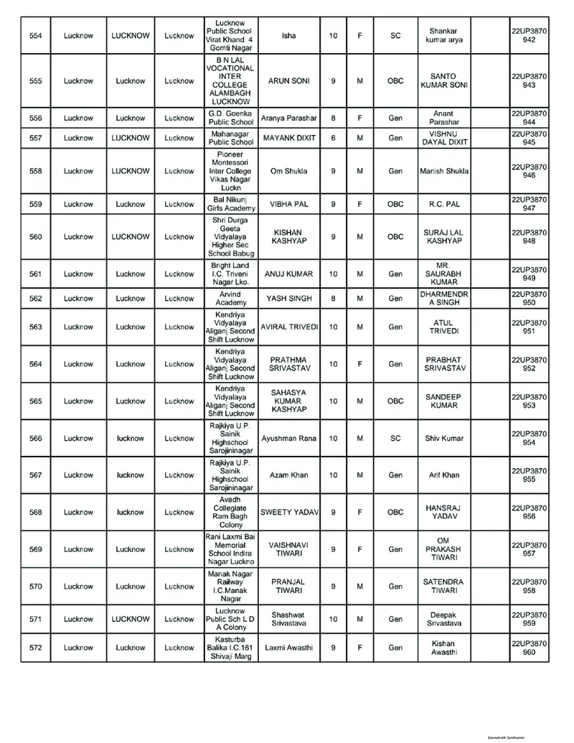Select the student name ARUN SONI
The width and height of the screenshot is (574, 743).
(x=288, y=81)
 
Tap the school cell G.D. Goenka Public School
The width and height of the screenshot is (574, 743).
(x=230, y=118)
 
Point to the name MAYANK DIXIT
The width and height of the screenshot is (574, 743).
(x=288, y=137)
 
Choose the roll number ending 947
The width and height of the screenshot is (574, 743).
(x=530, y=204)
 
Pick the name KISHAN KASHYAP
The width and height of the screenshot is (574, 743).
(x=288, y=237)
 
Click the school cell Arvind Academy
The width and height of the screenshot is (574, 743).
(x=230, y=298)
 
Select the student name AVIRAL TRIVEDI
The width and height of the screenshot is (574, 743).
(x=288, y=327)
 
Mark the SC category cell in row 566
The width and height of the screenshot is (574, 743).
(x=395, y=438)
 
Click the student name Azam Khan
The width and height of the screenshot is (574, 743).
(x=288, y=475)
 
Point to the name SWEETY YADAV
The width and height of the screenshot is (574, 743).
(x=288, y=513)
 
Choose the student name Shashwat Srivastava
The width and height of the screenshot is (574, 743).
(x=288, y=619)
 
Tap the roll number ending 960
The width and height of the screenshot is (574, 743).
(x=530, y=648)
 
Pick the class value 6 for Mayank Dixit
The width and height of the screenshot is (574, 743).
(x=333, y=137)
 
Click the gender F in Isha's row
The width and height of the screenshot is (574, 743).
(x=359, y=35)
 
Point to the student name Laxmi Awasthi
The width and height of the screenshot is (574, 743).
(x=288, y=648)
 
